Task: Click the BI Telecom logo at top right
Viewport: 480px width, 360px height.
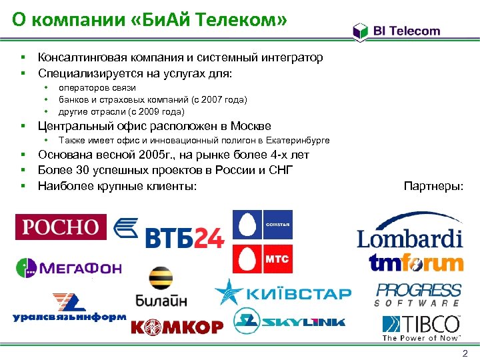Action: pyautogui.click(x=397, y=31)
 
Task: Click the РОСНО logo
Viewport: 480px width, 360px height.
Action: pyautogui.click(x=61, y=227)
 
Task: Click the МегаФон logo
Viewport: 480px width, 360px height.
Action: pyautogui.click(x=69, y=268)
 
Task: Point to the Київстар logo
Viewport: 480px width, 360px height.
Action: pyautogui.click(x=283, y=293)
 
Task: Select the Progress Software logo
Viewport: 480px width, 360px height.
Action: pyautogui.click(x=418, y=294)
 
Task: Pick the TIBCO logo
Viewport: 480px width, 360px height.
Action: pyautogui.click(x=421, y=327)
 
